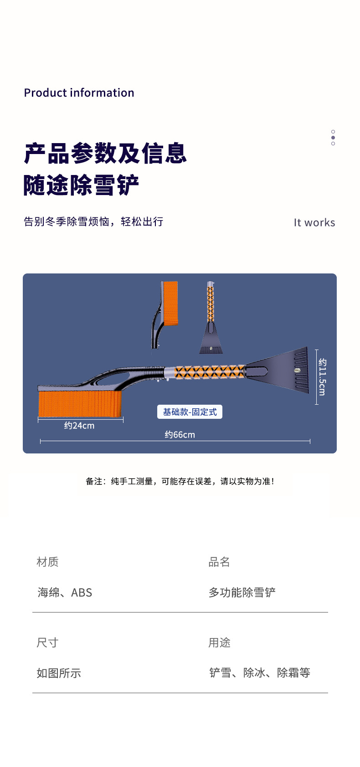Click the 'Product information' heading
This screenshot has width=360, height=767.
(x=79, y=93)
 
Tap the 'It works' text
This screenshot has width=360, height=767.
(x=314, y=222)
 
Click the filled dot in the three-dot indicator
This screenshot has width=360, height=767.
(x=333, y=138)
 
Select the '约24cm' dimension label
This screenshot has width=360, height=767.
(x=79, y=426)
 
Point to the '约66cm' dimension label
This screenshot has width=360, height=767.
(x=180, y=434)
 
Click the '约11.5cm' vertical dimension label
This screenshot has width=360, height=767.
(x=322, y=377)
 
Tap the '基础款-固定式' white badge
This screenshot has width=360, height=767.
(x=190, y=412)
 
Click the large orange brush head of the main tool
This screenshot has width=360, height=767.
(x=80, y=404)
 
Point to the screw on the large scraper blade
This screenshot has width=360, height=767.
(x=297, y=370)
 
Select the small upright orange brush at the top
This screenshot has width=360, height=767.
(x=170, y=304)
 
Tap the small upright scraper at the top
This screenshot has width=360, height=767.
(x=211, y=317)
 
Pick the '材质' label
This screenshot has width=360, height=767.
(x=47, y=562)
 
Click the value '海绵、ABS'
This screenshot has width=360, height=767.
(x=65, y=592)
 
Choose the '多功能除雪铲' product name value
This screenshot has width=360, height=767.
(x=242, y=592)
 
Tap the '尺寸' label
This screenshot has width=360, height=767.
(x=47, y=643)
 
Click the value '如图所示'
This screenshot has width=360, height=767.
(x=59, y=673)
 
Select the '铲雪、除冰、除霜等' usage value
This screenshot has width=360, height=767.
(x=260, y=673)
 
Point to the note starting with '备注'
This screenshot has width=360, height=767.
(x=180, y=481)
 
